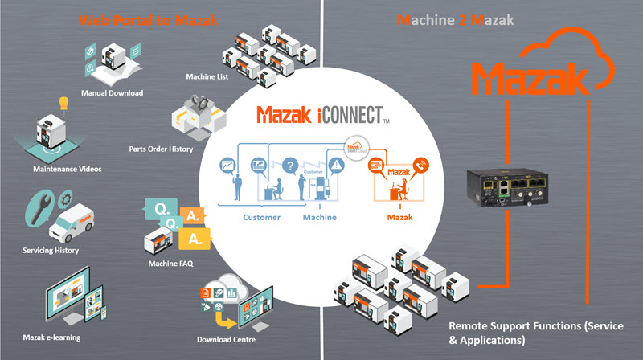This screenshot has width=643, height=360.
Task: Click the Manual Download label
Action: coord(113,93)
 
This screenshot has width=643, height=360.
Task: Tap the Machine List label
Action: coord(207,77)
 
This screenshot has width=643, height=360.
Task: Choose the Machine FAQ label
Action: coord(170,264)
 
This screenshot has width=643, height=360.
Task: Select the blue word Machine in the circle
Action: coord(320,218)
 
